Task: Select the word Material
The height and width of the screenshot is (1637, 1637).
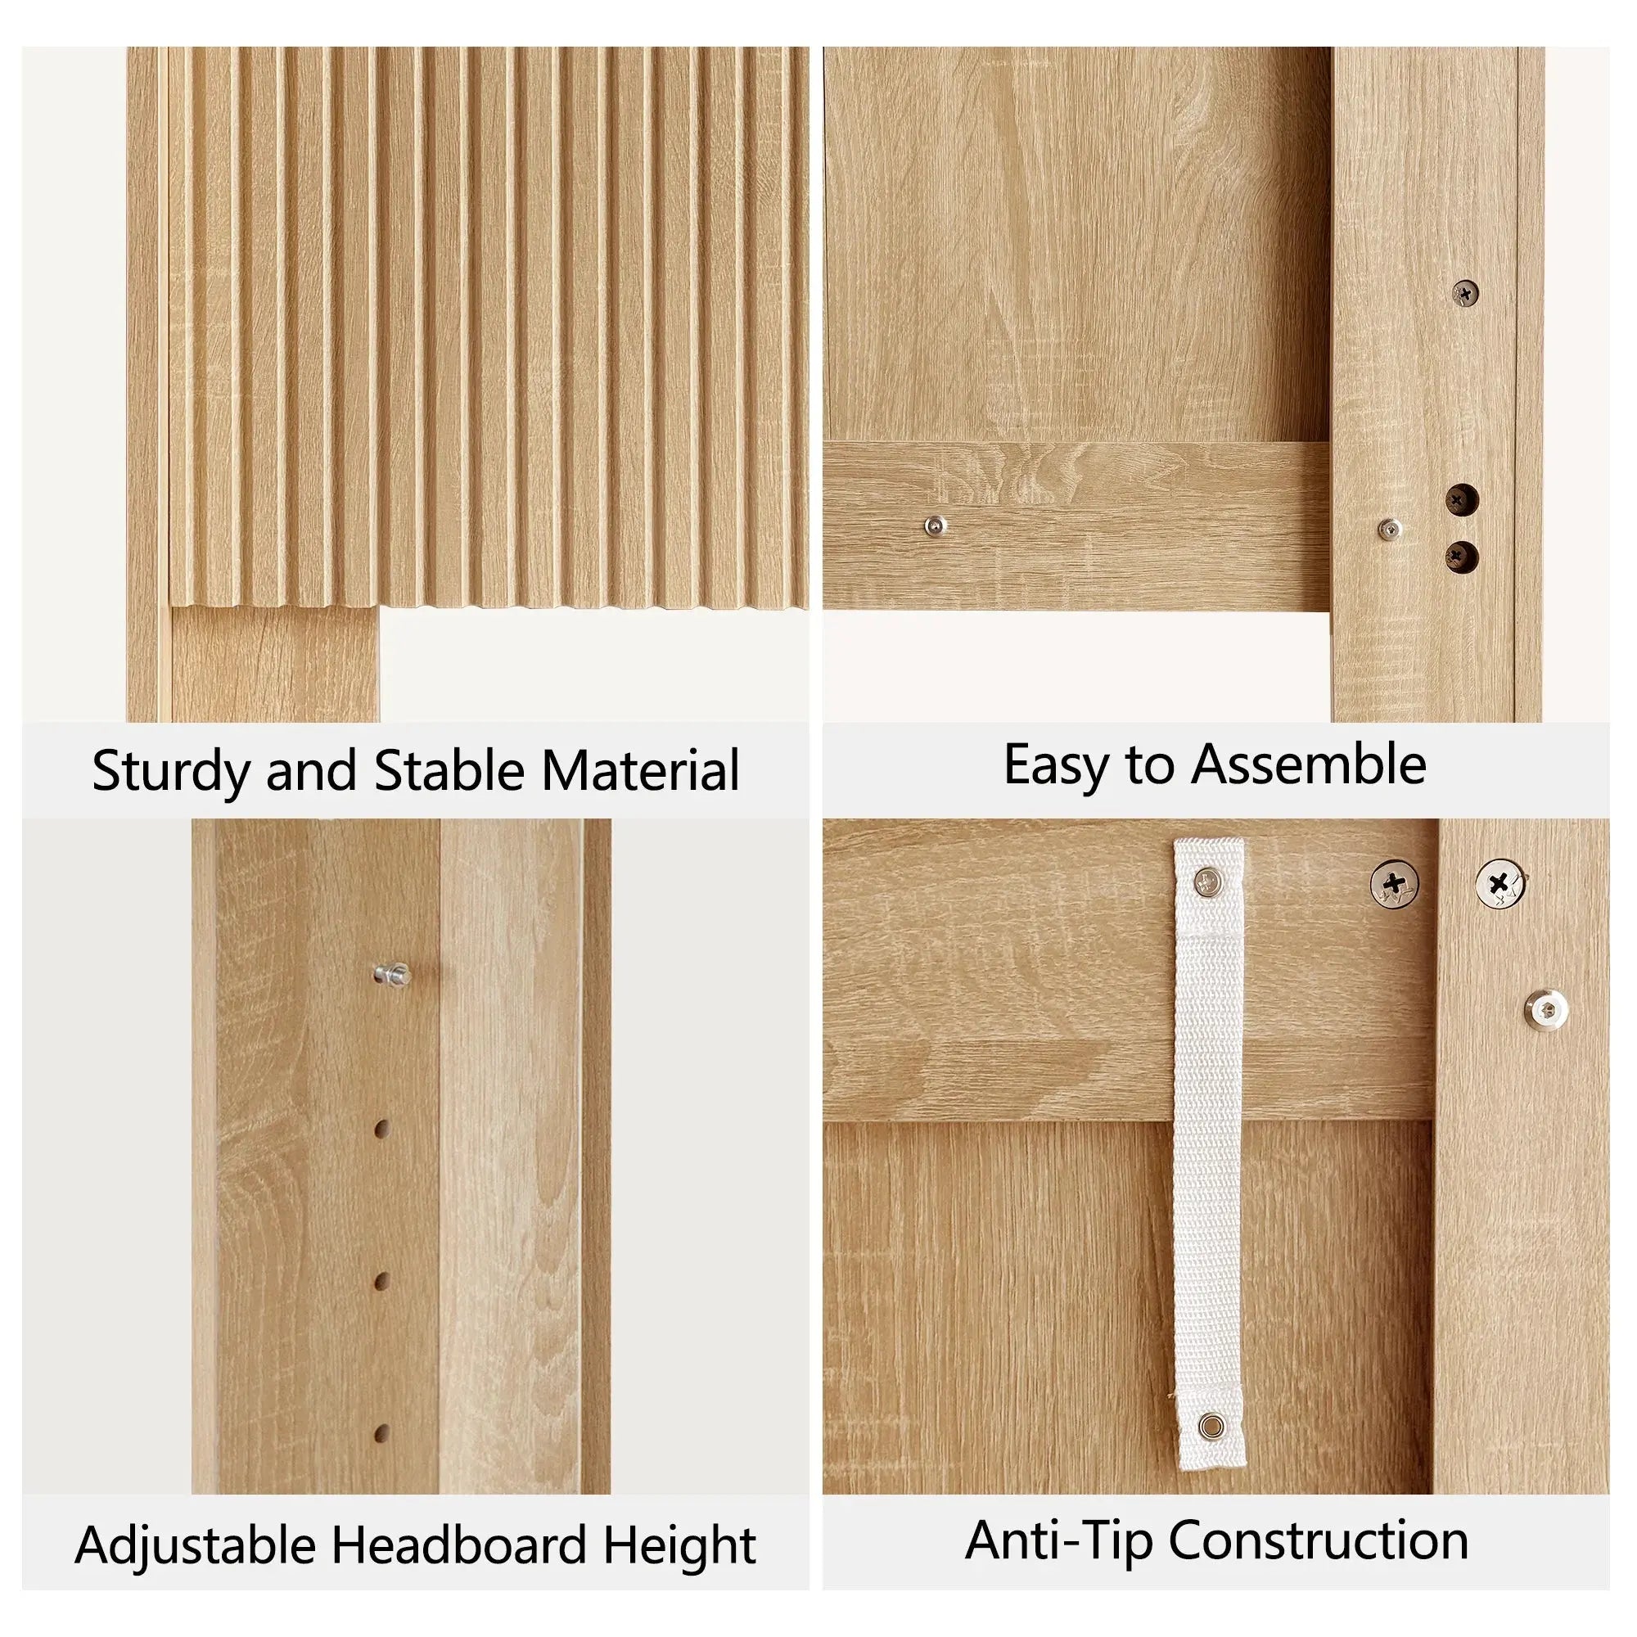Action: [x=641, y=770]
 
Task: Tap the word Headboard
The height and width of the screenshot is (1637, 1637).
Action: [x=458, y=1545]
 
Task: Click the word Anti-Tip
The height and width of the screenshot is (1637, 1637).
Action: [x=1058, y=1540]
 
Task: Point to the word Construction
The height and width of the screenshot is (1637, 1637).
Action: [x=1319, y=1540]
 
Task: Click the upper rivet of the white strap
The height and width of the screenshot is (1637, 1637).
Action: [x=1207, y=882]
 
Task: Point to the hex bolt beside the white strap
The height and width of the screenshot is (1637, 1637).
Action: [x=1546, y=1008]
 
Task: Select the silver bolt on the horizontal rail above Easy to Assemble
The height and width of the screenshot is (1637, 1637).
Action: [x=936, y=526]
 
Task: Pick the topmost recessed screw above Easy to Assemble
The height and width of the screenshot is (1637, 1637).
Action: [x=1465, y=293]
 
